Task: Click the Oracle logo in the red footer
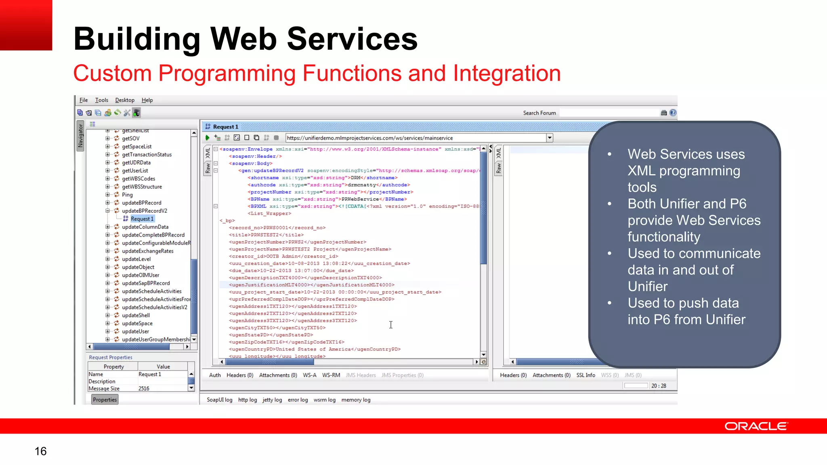point(756,426)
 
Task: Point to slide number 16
point(40,451)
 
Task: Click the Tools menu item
point(101,100)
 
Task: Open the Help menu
point(147,100)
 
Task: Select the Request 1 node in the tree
point(142,219)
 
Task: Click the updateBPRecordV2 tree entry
point(144,211)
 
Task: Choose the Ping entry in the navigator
point(127,195)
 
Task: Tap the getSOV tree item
point(130,138)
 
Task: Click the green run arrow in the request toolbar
point(208,138)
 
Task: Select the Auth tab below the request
point(215,375)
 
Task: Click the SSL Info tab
point(586,375)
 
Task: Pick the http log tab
point(247,400)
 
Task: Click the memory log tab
point(356,400)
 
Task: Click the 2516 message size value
point(144,388)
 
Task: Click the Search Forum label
point(539,113)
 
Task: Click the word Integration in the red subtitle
point(507,73)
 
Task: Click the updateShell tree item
point(136,315)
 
